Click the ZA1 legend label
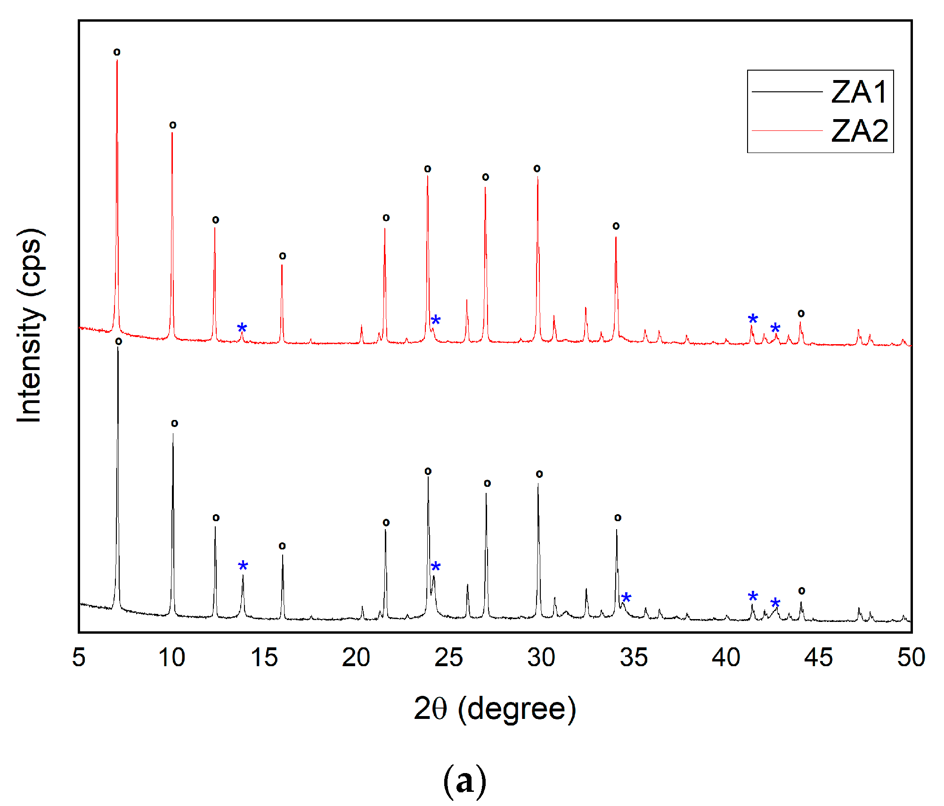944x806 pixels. point(859,92)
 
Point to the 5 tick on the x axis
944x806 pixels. point(79,657)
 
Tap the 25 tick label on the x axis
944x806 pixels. point(448,657)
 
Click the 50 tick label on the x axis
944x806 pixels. point(911,657)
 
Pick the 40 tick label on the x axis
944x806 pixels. point(726,657)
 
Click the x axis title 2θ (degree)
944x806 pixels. point(495,709)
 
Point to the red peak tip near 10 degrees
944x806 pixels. point(172,133)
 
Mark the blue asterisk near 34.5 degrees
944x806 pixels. point(626,598)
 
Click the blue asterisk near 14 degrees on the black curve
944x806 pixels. point(243,566)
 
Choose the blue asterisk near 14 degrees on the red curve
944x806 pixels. point(242,328)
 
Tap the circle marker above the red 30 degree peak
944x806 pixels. point(537,169)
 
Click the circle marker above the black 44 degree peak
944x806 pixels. point(801,591)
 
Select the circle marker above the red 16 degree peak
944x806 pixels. point(283,256)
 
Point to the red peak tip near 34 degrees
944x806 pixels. point(616,237)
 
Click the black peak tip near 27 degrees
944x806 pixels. point(486,493)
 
